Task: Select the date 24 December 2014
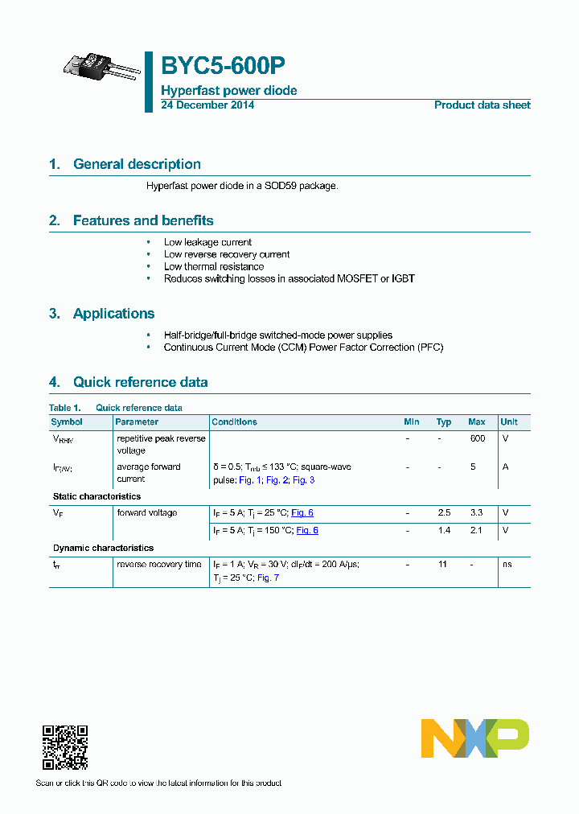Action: pos(207,105)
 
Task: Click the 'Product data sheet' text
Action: pos(482,105)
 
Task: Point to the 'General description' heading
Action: pos(137,164)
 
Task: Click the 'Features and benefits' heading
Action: pos(143,220)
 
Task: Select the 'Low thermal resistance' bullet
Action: pos(214,266)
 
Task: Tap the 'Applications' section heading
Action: pos(113,314)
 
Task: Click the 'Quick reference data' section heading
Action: pos(140,382)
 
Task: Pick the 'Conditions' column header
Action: pos(234,422)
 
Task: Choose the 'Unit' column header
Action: pos(509,422)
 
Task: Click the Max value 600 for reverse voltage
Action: pos(477,439)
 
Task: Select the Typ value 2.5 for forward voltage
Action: pos(444,513)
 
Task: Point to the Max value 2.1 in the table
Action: pos(477,531)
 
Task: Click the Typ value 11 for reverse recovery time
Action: pos(443,565)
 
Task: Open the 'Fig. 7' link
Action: pos(268,578)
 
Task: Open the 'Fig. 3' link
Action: pos(303,480)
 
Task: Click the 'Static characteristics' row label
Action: pos(96,497)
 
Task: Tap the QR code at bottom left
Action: pos(64,747)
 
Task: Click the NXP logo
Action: pos(474,738)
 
